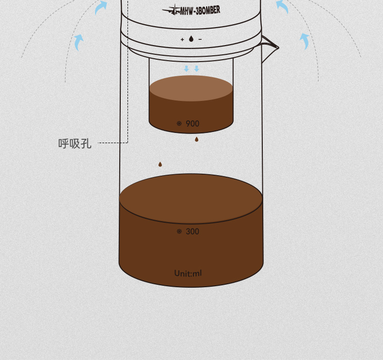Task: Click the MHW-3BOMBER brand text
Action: pyautogui.click(x=200, y=11)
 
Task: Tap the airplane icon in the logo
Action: pyautogui.click(x=171, y=10)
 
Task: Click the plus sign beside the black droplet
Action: pyautogui.click(x=182, y=39)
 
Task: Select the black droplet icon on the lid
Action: pyautogui.click(x=191, y=39)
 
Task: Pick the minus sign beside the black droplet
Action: pyautogui.click(x=200, y=39)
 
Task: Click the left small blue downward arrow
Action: pyautogui.click(x=186, y=69)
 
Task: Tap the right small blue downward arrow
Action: pyautogui.click(x=197, y=69)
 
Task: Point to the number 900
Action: pyautogui.click(x=192, y=124)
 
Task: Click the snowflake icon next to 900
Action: pyautogui.click(x=179, y=123)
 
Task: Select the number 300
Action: pyautogui.click(x=192, y=231)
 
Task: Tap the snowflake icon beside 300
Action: pyautogui.click(x=179, y=231)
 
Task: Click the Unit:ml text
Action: pyautogui.click(x=188, y=273)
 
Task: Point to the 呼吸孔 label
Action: pyautogui.click(x=75, y=144)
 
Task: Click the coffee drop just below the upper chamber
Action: pyautogui.click(x=197, y=139)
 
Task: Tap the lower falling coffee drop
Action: pyautogui.click(x=160, y=164)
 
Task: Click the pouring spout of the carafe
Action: pyautogui.click(x=270, y=48)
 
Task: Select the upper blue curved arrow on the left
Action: pyautogui.click(x=101, y=7)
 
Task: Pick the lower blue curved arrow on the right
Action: pyautogui.click(x=304, y=41)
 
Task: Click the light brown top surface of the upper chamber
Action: pyautogui.click(x=191, y=88)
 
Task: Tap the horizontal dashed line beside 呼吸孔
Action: pyautogui.click(x=112, y=143)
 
